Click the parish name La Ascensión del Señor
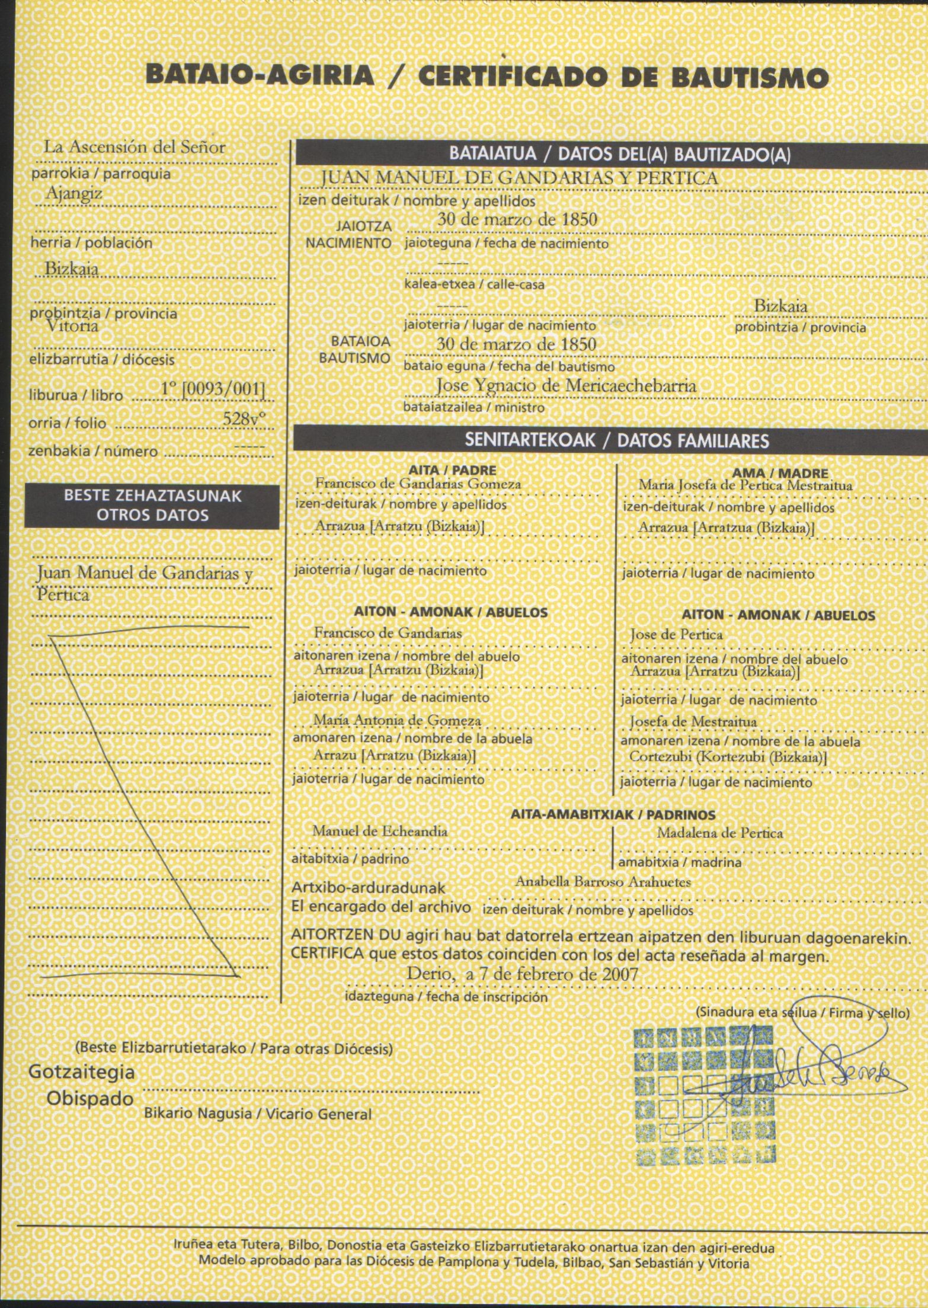(x=135, y=147)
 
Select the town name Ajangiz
(x=74, y=193)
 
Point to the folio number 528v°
(x=244, y=418)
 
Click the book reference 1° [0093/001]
(x=213, y=389)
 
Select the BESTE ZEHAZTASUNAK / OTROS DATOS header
(x=152, y=506)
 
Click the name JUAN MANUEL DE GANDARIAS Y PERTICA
(x=519, y=178)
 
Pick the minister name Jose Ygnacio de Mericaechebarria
(x=566, y=385)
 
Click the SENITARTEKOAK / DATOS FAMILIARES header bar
(x=616, y=440)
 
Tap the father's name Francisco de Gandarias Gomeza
(x=418, y=484)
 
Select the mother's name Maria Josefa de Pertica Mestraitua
(x=745, y=485)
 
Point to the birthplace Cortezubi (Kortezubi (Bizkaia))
(x=728, y=757)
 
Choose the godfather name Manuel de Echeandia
(x=380, y=831)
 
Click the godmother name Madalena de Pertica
(x=719, y=833)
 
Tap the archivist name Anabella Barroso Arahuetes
(x=603, y=882)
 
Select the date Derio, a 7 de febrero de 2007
(x=522, y=974)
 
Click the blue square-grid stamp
(x=705, y=1097)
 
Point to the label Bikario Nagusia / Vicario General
(x=257, y=1114)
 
